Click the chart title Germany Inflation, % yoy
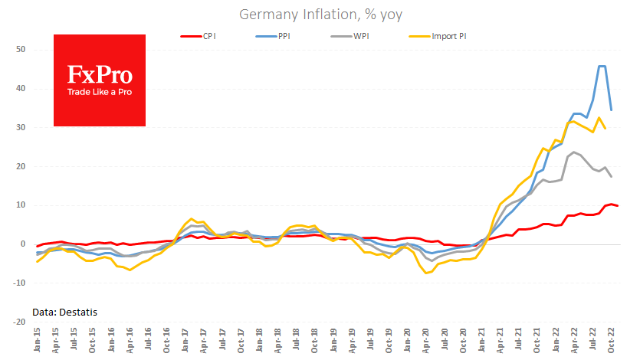320,15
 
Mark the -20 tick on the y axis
18,322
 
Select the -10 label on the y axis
18,283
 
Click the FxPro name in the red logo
100,74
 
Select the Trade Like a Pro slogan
100,93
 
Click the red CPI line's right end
618,206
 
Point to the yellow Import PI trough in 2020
427,273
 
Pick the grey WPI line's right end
611,177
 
